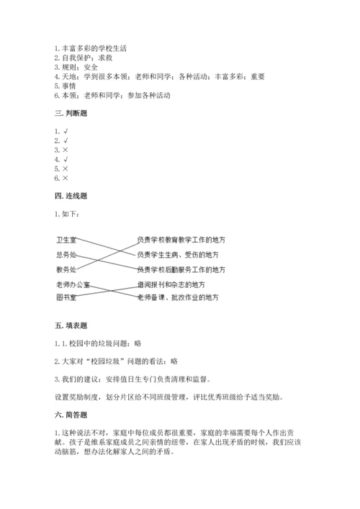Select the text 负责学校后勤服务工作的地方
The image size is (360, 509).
tap(181, 270)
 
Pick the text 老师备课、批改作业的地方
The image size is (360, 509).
tap(177, 297)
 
